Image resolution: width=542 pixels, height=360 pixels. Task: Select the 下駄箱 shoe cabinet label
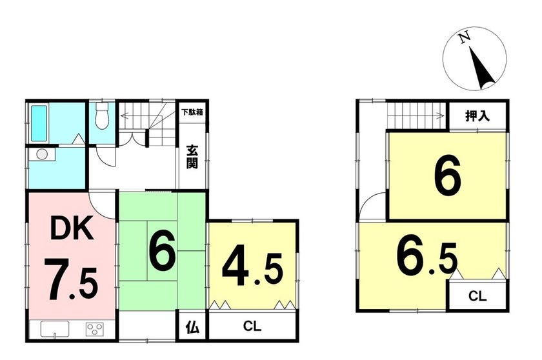(192, 112)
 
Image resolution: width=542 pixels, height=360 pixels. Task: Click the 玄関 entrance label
(192, 157)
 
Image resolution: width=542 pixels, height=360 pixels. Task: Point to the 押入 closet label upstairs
(477, 115)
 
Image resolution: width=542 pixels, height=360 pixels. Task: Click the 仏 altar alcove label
(192, 327)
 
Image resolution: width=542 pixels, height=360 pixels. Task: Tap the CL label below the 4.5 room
(252, 326)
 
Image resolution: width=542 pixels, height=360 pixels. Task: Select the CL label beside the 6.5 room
(477, 296)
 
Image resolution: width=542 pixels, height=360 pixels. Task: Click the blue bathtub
(39, 123)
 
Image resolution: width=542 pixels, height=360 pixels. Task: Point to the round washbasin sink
(42, 154)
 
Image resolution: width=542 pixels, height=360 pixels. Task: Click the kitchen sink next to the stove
(55, 329)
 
